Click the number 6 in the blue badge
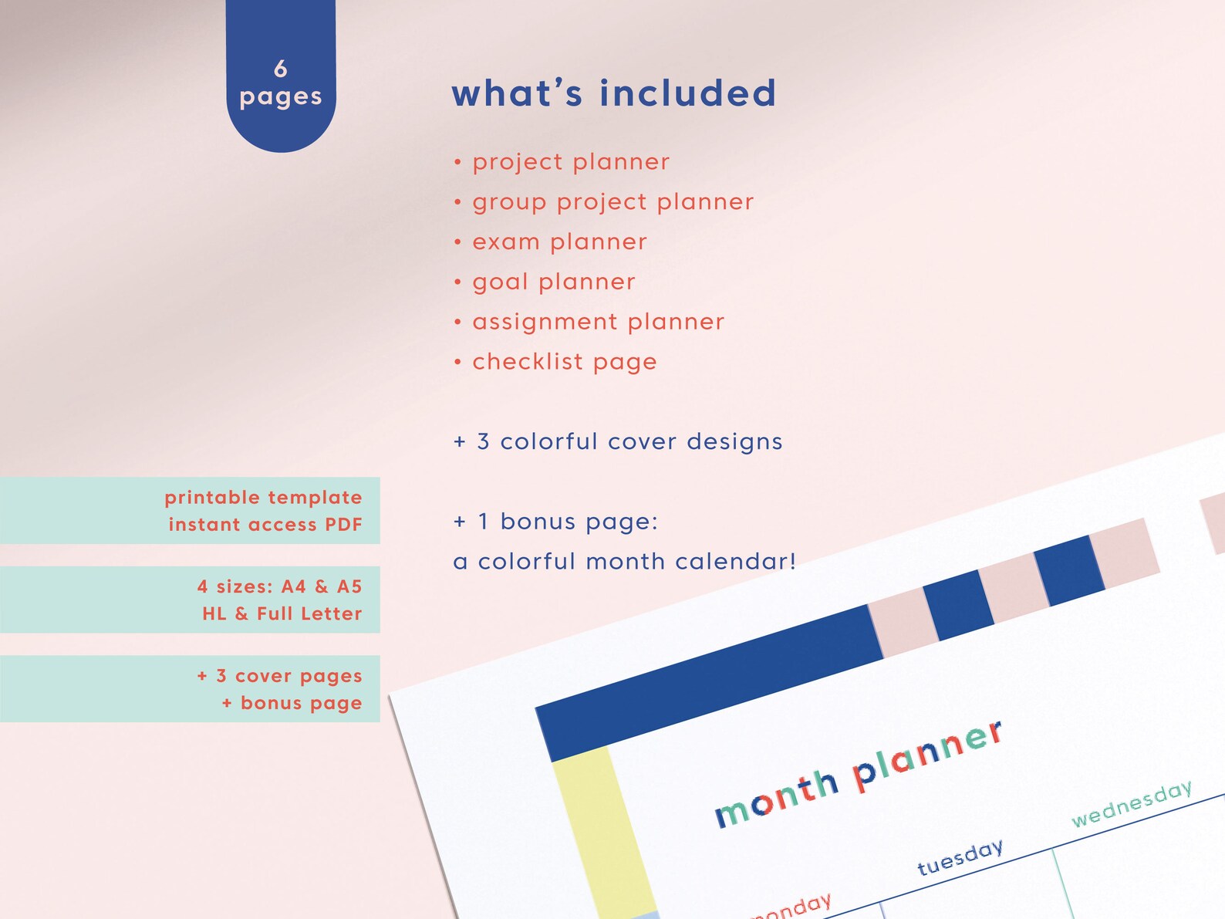coord(281,69)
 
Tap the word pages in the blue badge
coord(281,97)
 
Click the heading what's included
coord(613,93)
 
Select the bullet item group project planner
coord(612,202)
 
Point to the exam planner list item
coord(559,242)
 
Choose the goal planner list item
coord(554,282)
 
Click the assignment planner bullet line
coord(598,322)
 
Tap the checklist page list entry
coord(564,362)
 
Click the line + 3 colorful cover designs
coord(618,441)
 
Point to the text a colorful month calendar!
coord(624,561)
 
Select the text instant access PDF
coord(265,525)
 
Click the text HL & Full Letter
coord(282,613)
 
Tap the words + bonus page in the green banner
coord(292,703)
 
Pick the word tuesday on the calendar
coord(960,857)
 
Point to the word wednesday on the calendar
coord(1132,802)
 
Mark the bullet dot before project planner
coord(457,163)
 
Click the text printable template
coord(263,498)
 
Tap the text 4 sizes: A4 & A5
coord(279,586)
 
